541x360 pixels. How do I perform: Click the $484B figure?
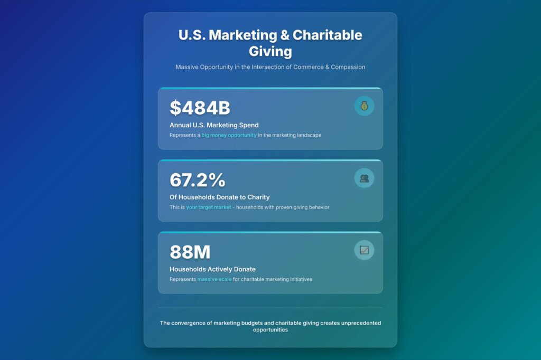(x=200, y=108)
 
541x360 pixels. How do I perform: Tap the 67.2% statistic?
(x=197, y=180)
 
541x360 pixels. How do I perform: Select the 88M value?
(x=190, y=252)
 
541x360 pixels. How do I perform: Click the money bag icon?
(x=364, y=106)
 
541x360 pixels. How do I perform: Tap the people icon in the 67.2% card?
(x=364, y=178)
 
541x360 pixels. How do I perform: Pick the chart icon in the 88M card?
(x=364, y=250)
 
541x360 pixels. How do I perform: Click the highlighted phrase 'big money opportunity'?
(x=229, y=135)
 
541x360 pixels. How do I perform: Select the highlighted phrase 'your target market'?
(x=209, y=207)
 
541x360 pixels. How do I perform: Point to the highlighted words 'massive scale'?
(x=214, y=279)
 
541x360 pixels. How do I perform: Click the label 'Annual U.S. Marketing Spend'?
(x=214, y=125)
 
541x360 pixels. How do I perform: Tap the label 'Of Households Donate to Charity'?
(x=220, y=197)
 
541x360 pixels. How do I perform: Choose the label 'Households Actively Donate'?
(x=212, y=269)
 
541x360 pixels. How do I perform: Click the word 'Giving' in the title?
(x=270, y=51)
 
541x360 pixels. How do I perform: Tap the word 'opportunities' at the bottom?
(x=270, y=330)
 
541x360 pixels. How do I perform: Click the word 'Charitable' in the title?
(x=327, y=35)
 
